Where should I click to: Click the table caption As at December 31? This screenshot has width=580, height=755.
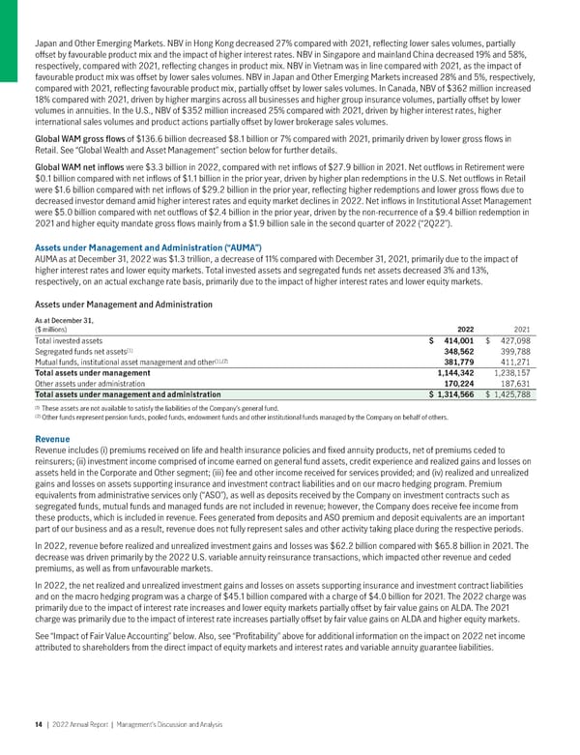(x=64, y=319)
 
